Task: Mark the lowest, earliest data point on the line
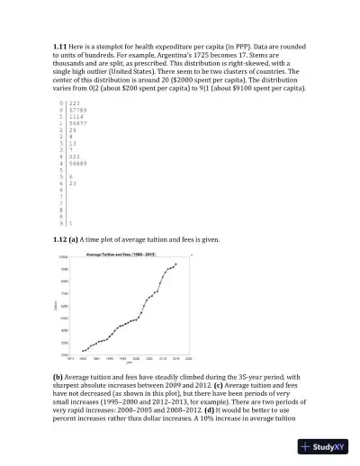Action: pyautogui.click(x=83, y=351)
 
